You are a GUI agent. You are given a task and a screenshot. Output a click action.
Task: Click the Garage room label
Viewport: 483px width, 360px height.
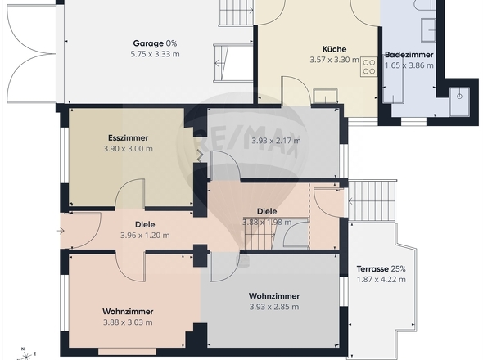tap(148, 43)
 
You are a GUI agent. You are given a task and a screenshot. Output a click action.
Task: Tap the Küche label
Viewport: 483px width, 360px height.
tap(335, 49)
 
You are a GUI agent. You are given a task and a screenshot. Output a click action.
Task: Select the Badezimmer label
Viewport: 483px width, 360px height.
tap(409, 55)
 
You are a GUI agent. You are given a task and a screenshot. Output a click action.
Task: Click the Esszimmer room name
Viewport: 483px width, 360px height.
tap(129, 138)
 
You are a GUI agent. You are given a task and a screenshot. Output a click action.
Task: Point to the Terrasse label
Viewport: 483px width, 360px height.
tap(372, 269)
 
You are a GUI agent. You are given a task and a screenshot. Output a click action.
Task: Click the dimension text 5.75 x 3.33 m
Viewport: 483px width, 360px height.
tap(155, 54)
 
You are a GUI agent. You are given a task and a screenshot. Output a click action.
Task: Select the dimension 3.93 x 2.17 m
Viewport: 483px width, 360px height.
tap(276, 141)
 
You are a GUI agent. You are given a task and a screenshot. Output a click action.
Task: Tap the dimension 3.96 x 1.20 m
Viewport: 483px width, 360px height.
tap(145, 236)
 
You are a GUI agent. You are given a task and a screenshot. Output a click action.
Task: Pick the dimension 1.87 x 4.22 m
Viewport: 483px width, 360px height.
tap(381, 280)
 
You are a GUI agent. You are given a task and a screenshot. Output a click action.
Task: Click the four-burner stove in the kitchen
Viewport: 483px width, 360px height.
tap(368, 67)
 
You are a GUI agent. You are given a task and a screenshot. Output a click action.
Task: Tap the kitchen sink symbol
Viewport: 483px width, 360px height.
tap(325, 96)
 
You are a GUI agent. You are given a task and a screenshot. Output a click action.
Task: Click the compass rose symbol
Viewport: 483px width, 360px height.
tap(26, 355)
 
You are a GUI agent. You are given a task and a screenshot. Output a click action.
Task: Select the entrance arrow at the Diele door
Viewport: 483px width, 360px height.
tap(61, 231)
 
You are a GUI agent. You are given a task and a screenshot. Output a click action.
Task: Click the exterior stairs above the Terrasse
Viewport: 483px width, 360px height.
tap(372, 200)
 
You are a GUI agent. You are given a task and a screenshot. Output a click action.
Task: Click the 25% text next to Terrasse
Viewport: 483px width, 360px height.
tap(399, 269)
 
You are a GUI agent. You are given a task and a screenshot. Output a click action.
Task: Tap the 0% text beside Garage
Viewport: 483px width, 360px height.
tap(171, 43)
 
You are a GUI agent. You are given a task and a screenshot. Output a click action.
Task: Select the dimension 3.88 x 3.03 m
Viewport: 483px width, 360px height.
tap(128, 322)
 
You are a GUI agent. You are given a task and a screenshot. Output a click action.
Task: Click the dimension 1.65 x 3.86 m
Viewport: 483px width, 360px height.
tap(409, 65)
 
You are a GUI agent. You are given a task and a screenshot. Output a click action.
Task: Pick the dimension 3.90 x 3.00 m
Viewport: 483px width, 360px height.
tap(129, 149)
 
